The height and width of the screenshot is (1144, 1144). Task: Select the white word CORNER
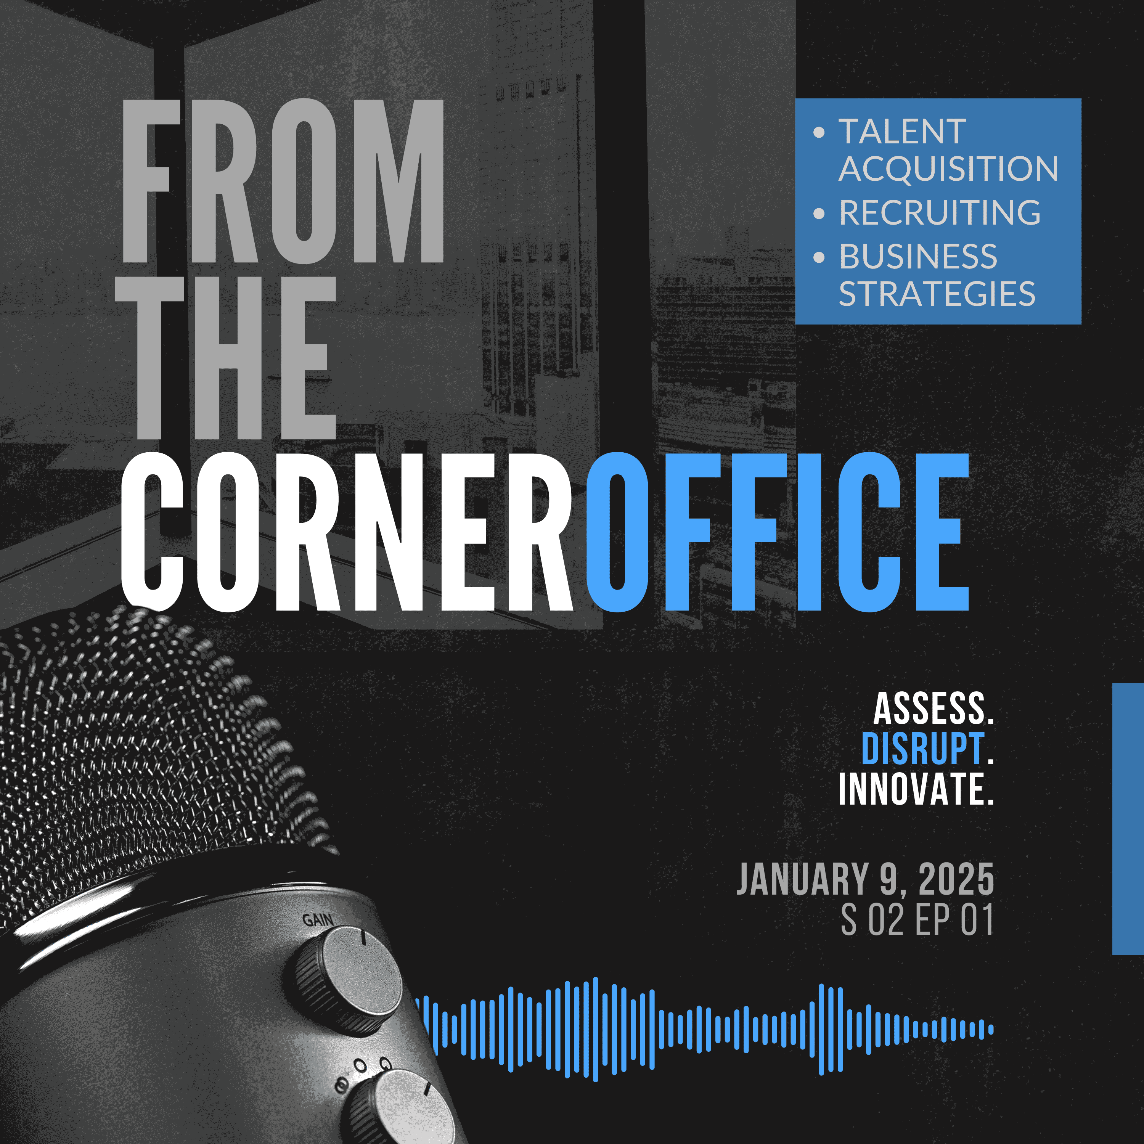pyautogui.click(x=346, y=532)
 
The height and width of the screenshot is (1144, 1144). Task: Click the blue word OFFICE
pyautogui.click(x=777, y=532)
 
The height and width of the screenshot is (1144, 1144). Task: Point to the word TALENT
pyautogui.click(x=902, y=132)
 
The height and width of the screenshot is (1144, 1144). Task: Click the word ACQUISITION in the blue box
pyautogui.click(x=948, y=169)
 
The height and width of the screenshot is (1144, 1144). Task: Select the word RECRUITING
pyautogui.click(x=940, y=212)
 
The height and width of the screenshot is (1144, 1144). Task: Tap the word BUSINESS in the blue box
pyautogui.click(x=918, y=256)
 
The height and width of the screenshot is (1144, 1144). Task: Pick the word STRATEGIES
pyautogui.click(x=937, y=294)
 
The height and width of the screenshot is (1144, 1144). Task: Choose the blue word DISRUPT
pyautogui.click(x=922, y=749)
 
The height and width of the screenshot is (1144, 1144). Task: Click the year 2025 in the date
pyautogui.click(x=956, y=879)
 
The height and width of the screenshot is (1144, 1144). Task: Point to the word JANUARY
pyautogui.click(x=802, y=879)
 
